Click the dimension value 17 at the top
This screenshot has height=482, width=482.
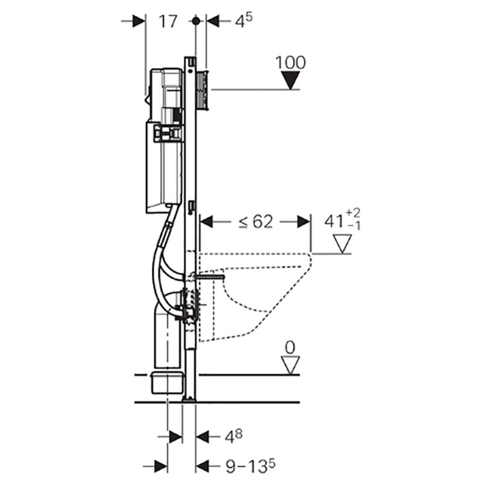click(168, 22)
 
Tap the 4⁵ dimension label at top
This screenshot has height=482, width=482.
click(244, 20)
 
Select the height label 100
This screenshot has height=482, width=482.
click(290, 63)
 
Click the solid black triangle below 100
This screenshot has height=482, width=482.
click(290, 80)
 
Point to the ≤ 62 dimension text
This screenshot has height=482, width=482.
click(255, 222)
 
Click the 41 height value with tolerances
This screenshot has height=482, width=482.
click(342, 220)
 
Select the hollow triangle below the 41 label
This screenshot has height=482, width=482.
click(342, 244)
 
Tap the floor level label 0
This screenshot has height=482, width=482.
click(290, 348)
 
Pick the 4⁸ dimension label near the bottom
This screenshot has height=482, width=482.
click(234, 436)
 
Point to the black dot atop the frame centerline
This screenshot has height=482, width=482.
click(196, 21)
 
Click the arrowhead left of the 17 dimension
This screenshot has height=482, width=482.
click(139, 21)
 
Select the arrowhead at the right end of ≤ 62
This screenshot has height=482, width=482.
click(304, 222)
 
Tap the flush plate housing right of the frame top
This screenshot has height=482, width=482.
click(202, 90)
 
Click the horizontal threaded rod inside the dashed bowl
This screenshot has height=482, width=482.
click(208, 277)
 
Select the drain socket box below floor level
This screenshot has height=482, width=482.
click(167, 383)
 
